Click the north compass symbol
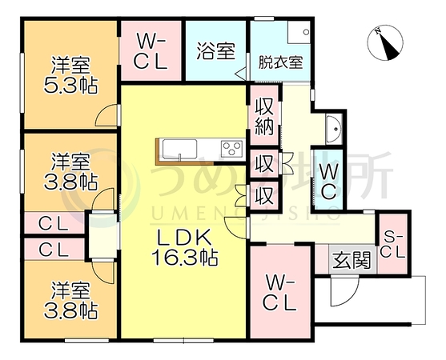coord(385,43)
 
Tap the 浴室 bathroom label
coord(216,51)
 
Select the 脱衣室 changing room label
coord(280,62)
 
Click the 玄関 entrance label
coord(352,260)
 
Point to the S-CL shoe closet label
coord(393,245)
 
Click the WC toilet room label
coord(328,181)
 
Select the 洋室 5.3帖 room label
coord(70,75)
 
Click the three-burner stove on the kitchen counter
coord(232,149)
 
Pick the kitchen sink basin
coord(180,148)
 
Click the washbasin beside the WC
coord(334,129)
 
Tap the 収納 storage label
coord(264,117)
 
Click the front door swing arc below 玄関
coord(345,293)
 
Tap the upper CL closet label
coord(54,223)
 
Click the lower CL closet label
coord(54,250)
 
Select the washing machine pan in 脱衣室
coord(299,33)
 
